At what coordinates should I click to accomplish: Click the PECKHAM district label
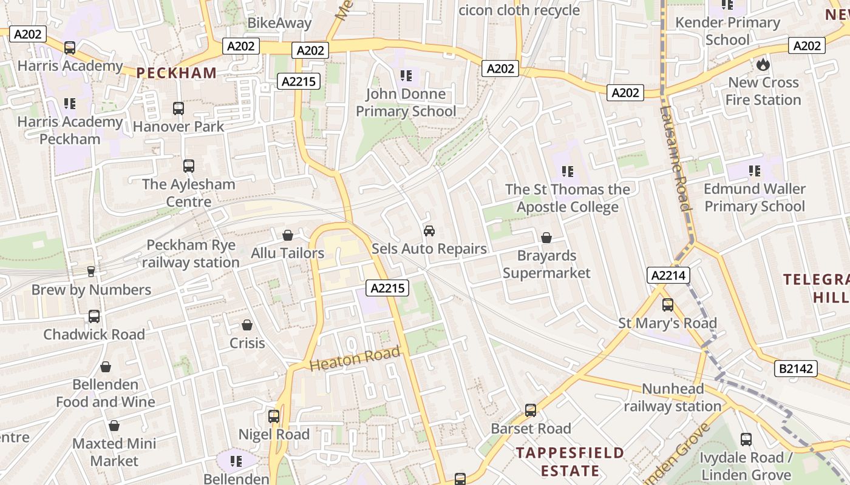(x=176, y=73)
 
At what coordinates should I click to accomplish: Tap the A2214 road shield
(x=668, y=276)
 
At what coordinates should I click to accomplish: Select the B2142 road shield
(x=796, y=369)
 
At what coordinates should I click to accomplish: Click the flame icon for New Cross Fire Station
(x=763, y=64)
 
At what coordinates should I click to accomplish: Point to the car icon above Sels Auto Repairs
(x=429, y=231)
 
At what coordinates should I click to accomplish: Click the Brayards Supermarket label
(x=546, y=264)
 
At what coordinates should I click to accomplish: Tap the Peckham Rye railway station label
(x=191, y=254)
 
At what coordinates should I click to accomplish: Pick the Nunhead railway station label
(x=673, y=397)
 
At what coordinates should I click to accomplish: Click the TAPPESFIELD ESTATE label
(x=569, y=461)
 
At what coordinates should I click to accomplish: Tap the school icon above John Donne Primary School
(x=406, y=76)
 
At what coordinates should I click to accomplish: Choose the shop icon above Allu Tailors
(x=288, y=235)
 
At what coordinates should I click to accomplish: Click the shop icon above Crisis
(x=247, y=326)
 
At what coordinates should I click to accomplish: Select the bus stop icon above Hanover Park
(x=178, y=109)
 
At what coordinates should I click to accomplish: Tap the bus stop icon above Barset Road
(x=531, y=410)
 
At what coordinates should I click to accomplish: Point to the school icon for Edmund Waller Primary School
(x=755, y=171)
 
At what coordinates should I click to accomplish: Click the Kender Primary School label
(x=727, y=31)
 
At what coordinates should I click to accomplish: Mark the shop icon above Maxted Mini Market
(x=114, y=426)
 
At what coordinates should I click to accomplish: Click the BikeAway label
(x=279, y=24)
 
